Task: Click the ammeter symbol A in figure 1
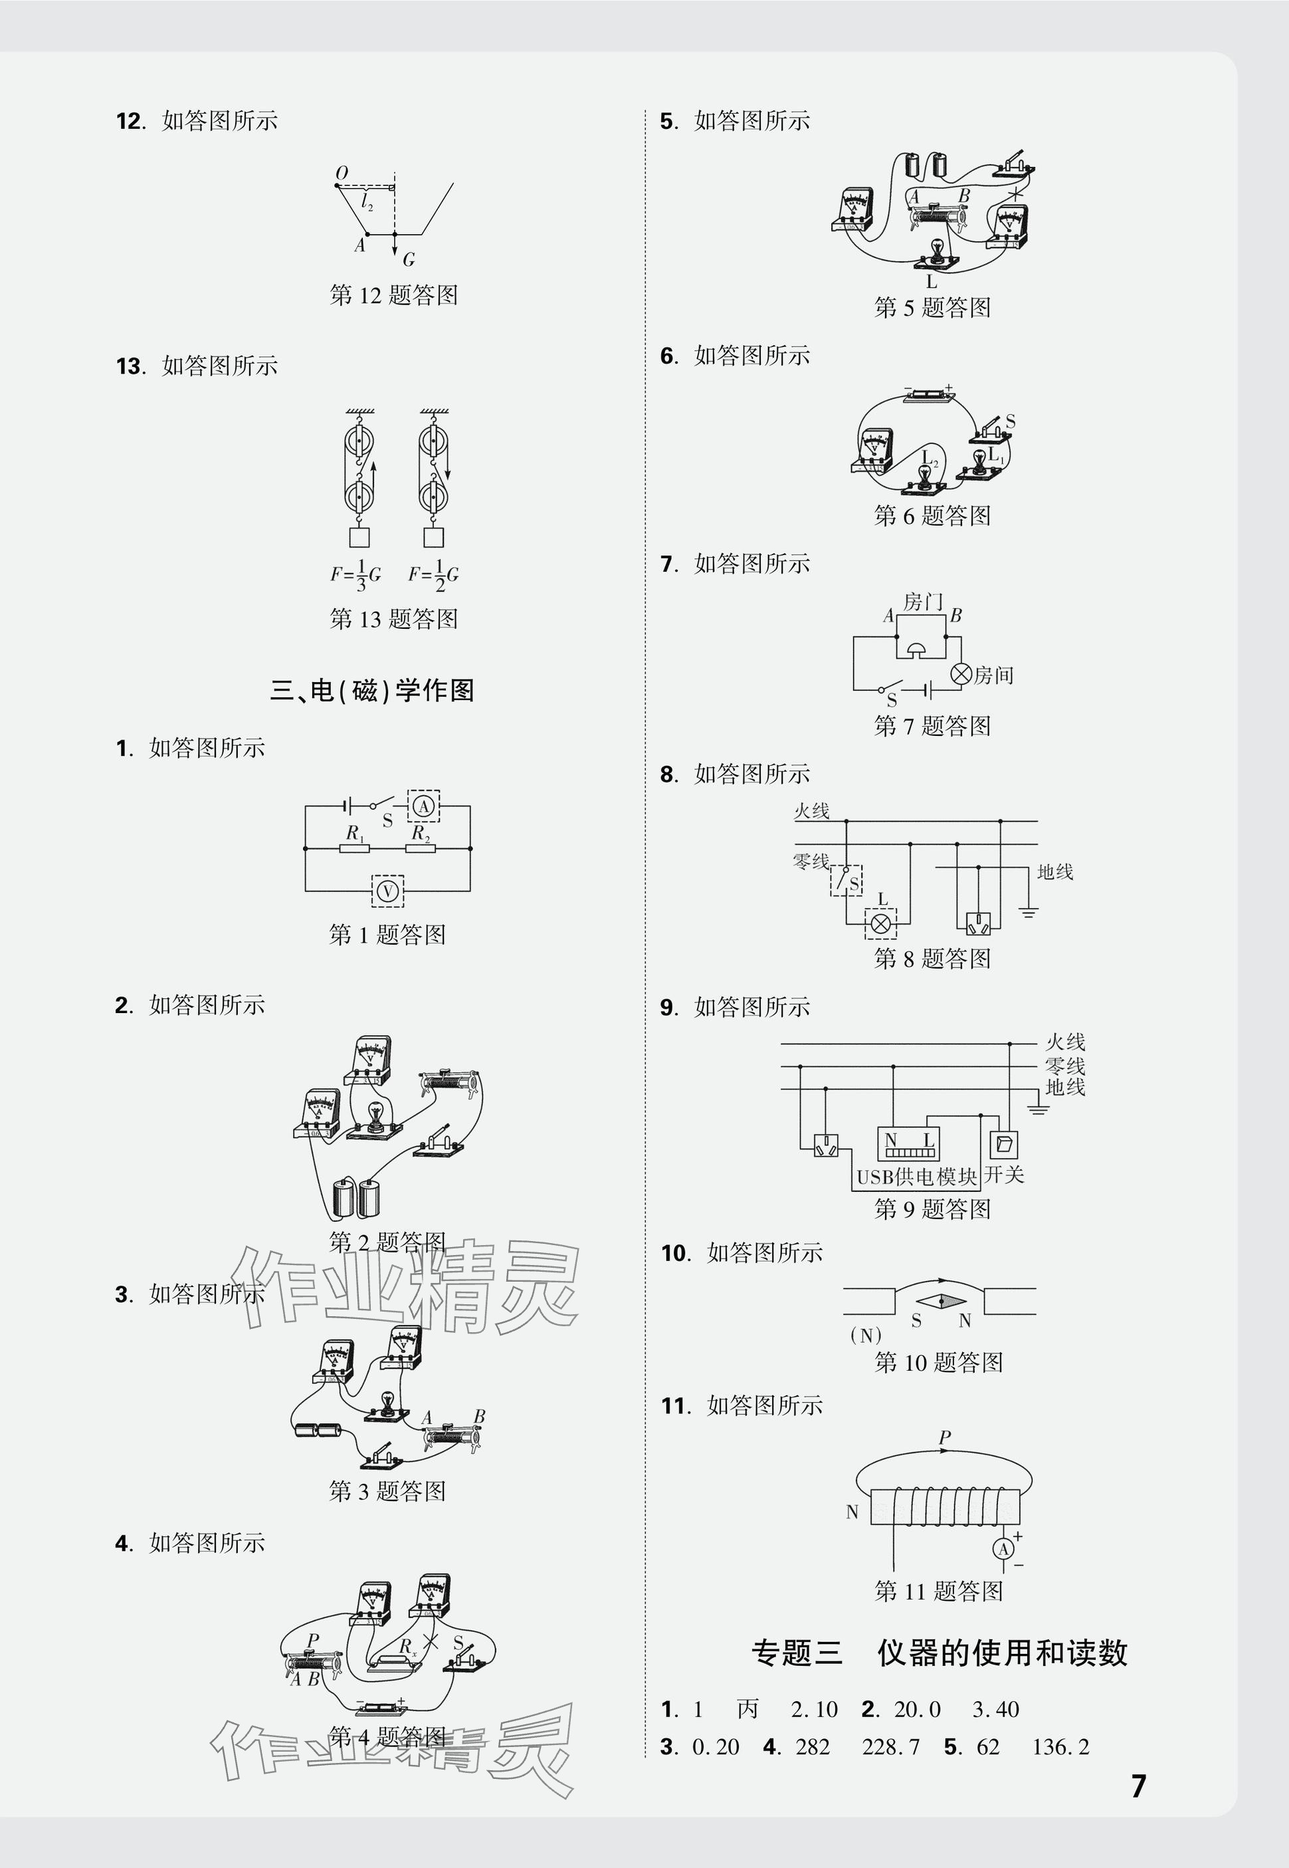pyautogui.click(x=423, y=806)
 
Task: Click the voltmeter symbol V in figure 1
pyautogui.click(x=387, y=891)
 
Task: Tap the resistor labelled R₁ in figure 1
pyautogui.click(x=355, y=848)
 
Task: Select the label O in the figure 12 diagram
pyautogui.click(x=341, y=174)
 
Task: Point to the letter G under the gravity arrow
pyautogui.click(x=409, y=259)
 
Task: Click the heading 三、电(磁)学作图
pyautogui.click(x=371, y=691)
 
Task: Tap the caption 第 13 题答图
pyautogui.click(x=393, y=619)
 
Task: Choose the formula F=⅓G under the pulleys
pyautogui.click(x=355, y=574)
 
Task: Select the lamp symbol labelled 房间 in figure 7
pyautogui.click(x=960, y=674)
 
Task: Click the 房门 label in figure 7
pyautogui.click(x=923, y=602)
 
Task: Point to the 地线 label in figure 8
pyautogui.click(x=1054, y=872)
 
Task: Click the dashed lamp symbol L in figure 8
pyautogui.click(x=880, y=923)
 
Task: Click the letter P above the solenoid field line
pyautogui.click(x=945, y=1437)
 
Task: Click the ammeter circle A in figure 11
pyautogui.click(x=1004, y=1549)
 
